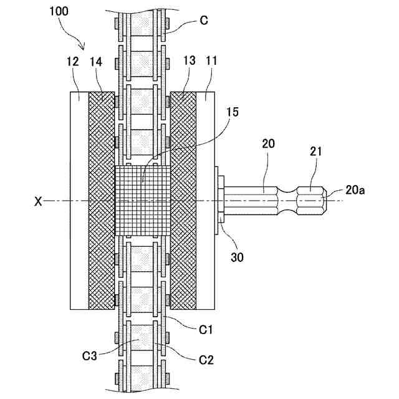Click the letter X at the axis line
(x=38, y=201)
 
